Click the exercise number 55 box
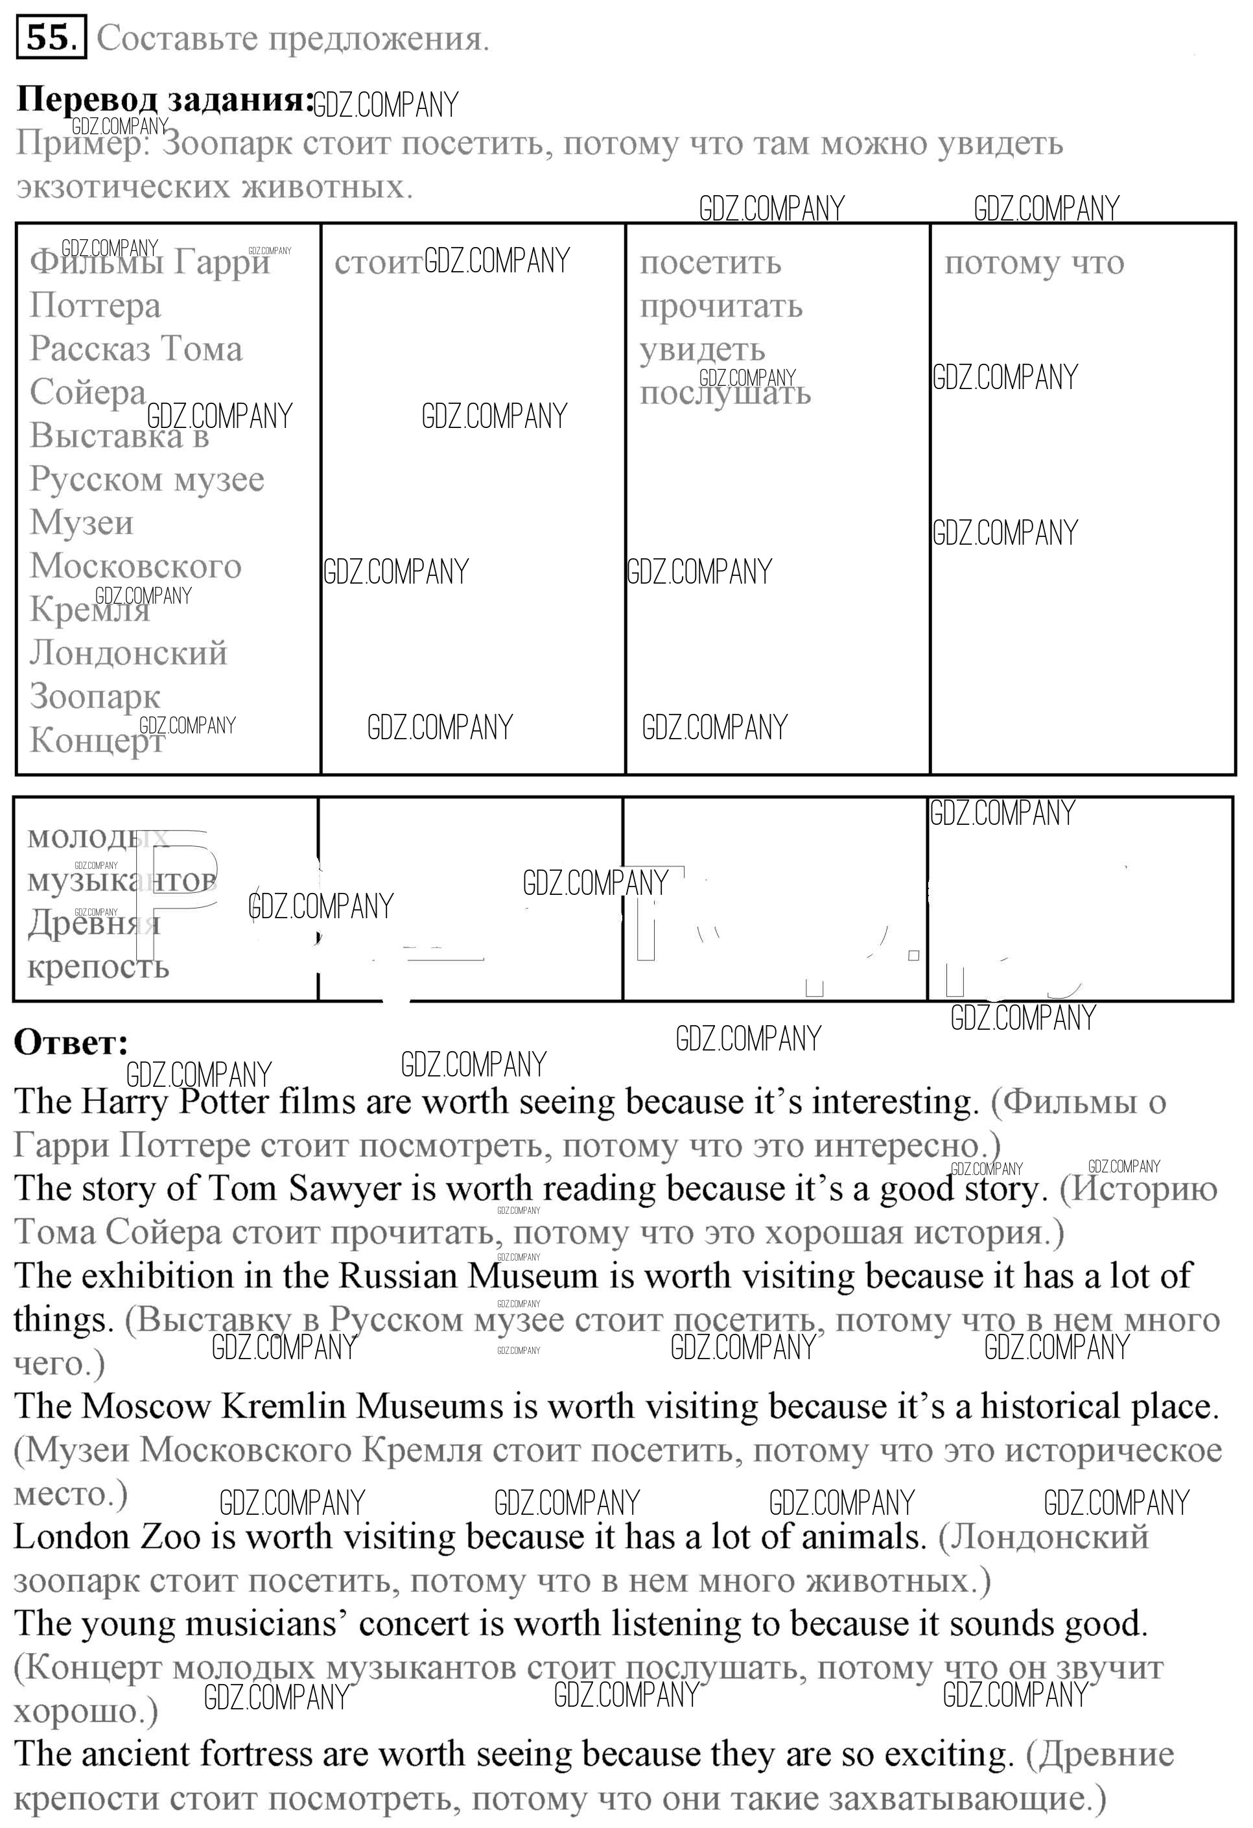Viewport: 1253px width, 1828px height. click(49, 37)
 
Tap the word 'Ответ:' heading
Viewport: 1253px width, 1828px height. click(71, 1042)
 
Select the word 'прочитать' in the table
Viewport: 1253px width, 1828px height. click(721, 306)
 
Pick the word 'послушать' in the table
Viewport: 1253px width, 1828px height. click(725, 392)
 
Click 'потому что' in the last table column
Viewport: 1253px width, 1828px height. click(1034, 263)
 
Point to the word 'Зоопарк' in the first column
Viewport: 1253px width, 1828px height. click(95, 696)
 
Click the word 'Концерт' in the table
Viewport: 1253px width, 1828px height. click(97, 740)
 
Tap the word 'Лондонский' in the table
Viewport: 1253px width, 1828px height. click(128, 653)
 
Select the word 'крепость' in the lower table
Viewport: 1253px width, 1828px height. click(99, 966)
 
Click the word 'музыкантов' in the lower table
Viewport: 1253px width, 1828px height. click(122, 880)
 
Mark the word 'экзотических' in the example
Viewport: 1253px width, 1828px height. click(122, 188)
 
